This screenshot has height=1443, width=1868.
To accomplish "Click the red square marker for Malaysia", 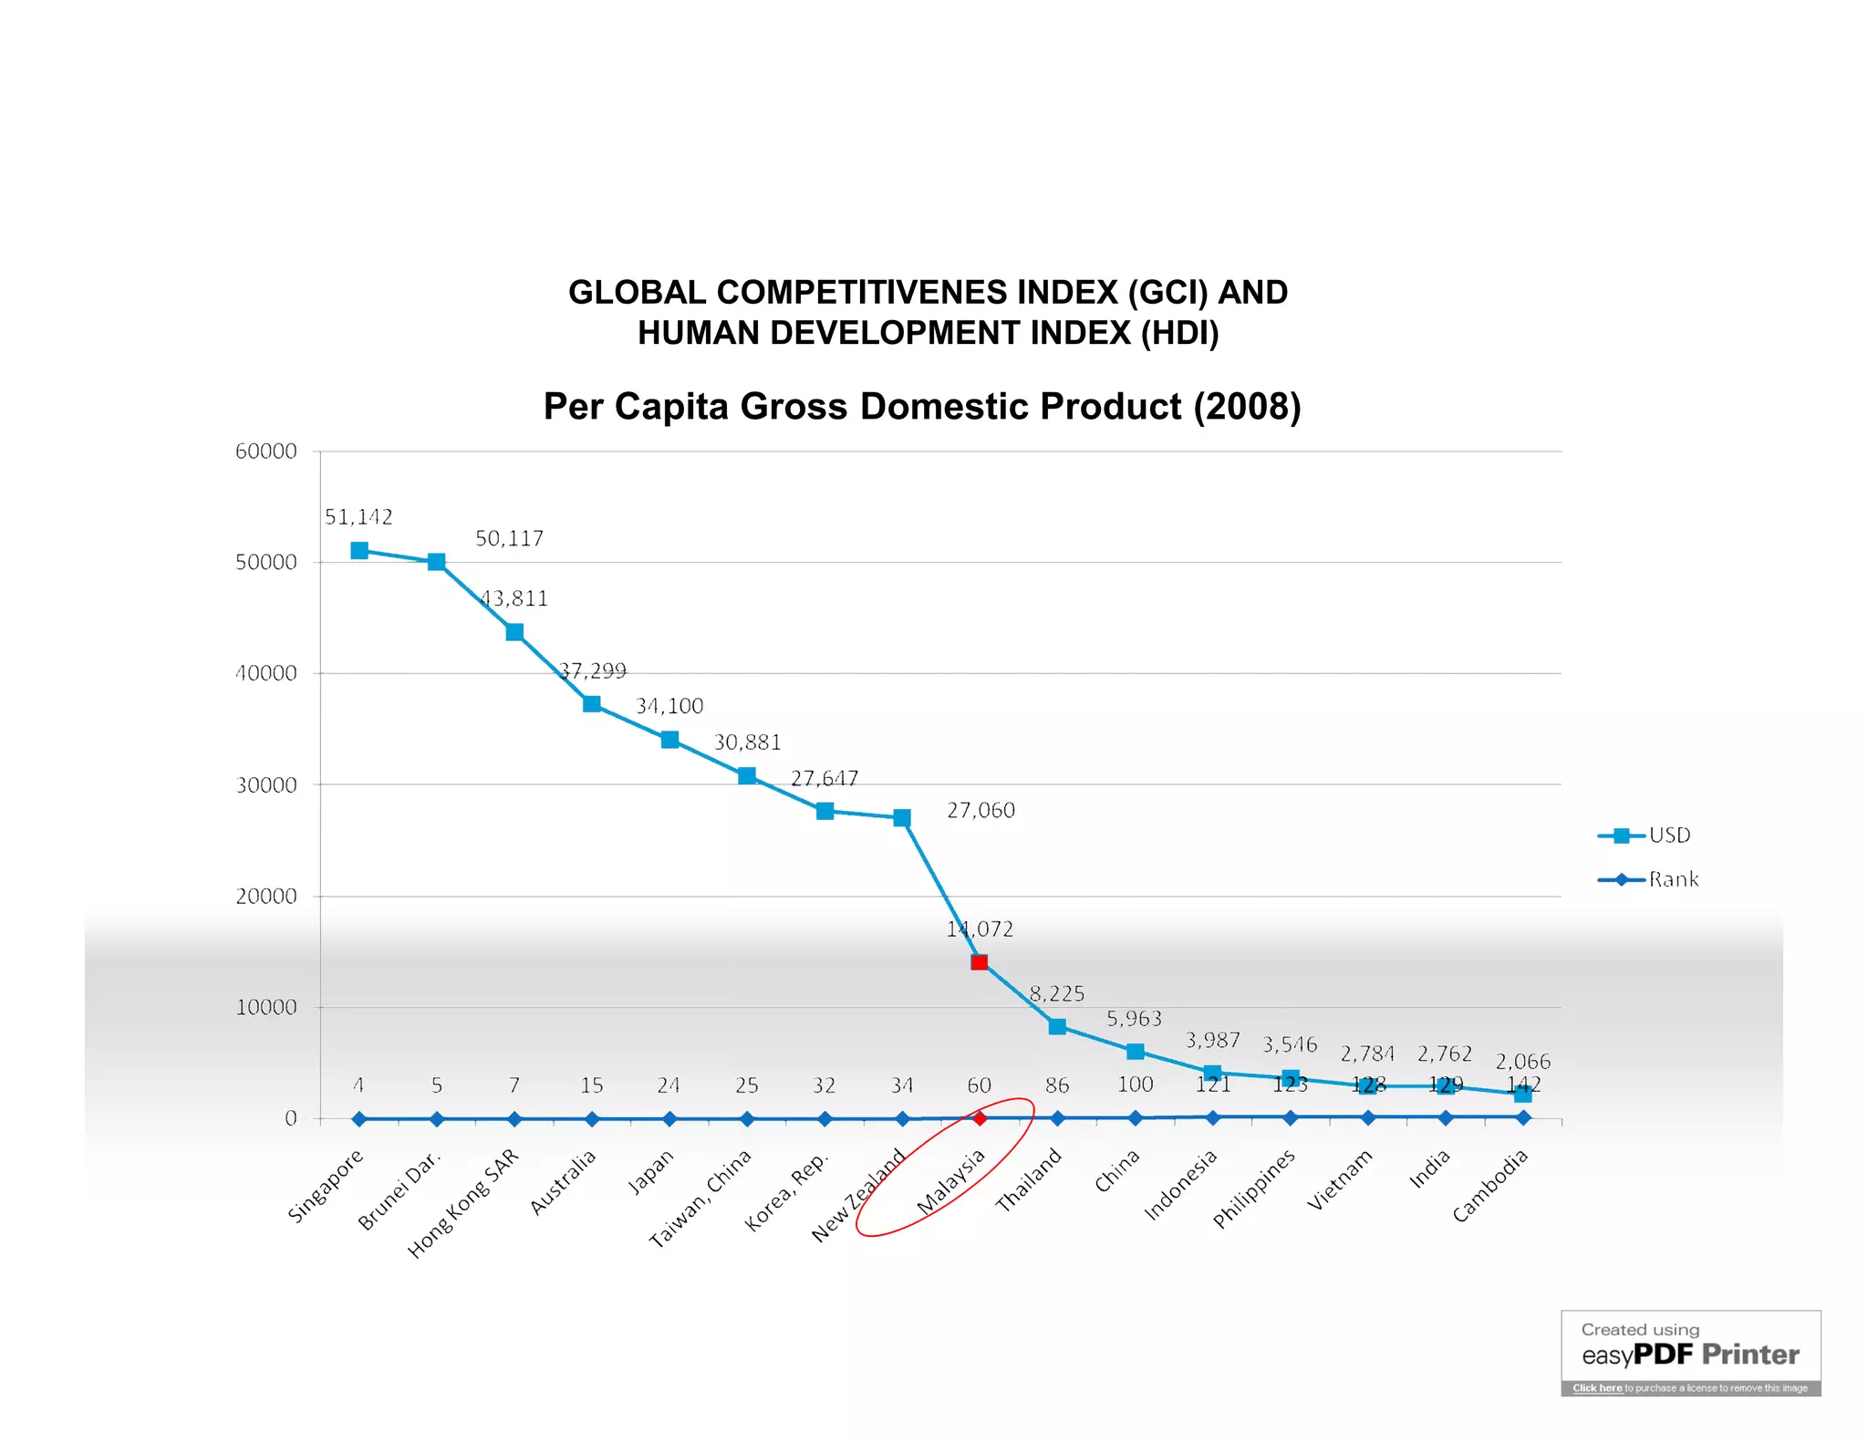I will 979,962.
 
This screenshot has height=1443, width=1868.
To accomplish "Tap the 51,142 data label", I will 358,517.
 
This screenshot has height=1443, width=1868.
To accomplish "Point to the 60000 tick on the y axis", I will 265,452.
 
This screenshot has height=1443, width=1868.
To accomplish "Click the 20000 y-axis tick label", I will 265,897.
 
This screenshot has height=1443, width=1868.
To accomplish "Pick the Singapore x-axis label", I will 326,1186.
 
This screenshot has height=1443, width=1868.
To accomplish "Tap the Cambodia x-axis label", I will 1489,1186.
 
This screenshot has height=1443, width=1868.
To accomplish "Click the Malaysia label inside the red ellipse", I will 950,1182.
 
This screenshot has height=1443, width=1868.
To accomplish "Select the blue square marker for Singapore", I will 359,550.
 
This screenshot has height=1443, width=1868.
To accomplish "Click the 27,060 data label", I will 981,810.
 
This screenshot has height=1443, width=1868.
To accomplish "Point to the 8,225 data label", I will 1056,993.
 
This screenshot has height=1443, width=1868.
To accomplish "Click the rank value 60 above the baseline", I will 979,1085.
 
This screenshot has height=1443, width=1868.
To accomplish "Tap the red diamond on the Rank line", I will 979,1118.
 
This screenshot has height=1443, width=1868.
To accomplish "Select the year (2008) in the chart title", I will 1247,407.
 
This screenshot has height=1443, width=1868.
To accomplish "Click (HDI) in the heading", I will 1179,333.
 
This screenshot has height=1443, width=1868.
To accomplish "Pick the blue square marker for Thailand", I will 1057,1027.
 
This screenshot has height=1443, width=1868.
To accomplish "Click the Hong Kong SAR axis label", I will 463,1204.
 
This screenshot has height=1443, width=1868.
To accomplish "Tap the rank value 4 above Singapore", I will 358,1085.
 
